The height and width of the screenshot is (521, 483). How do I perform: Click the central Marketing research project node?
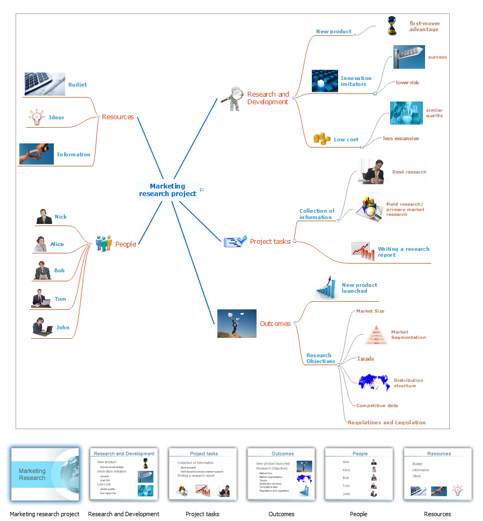pyautogui.click(x=167, y=190)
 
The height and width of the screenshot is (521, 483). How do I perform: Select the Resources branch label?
pyautogui.click(x=118, y=117)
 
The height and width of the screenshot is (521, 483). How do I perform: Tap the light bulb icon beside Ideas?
pyautogui.click(x=36, y=117)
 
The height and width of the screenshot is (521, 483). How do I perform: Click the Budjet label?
pyautogui.click(x=77, y=85)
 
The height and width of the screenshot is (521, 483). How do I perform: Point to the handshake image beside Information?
pyautogui.click(x=36, y=154)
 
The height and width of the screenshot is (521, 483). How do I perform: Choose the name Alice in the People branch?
pyautogui.click(x=57, y=244)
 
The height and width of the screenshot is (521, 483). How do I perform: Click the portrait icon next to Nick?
pyautogui.click(x=44, y=216)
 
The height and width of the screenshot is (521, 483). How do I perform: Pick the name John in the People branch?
pyautogui.click(x=63, y=328)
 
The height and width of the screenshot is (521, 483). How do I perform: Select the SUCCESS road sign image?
pyautogui.click(x=409, y=57)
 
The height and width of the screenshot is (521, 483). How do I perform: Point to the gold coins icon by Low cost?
pyautogui.click(x=321, y=139)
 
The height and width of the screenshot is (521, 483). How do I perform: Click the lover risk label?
pyautogui.click(x=407, y=83)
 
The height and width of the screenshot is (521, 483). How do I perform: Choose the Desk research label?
pyautogui.click(x=409, y=172)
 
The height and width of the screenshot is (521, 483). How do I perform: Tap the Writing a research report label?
pyautogui.click(x=403, y=252)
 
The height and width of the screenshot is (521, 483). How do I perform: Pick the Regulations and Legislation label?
pyautogui.click(x=386, y=423)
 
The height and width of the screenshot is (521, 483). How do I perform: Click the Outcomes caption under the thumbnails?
pyautogui.click(x=281, y=514)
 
